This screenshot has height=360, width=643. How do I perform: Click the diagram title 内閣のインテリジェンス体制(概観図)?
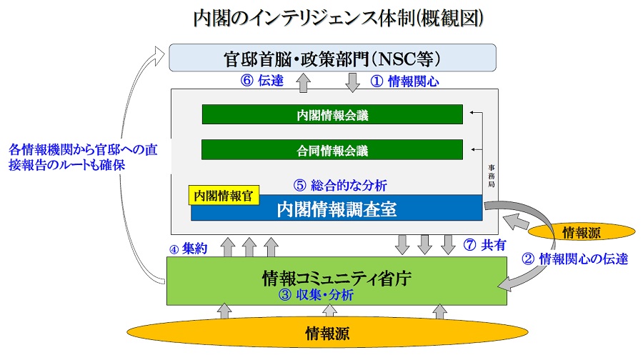(x=339, y=18)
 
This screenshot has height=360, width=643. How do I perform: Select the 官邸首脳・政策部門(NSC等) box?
(x=332, y=58)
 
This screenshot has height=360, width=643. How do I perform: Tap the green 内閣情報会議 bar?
(x=332, y=114)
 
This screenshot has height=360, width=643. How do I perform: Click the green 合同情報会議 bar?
(x=332, y=150)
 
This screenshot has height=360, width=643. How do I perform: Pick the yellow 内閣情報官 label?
(x=224, y=196)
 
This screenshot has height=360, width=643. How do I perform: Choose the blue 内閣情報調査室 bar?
(x=337, y=208)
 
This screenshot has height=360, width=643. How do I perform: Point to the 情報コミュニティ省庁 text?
(x=337, y=279)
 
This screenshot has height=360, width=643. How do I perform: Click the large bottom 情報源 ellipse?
(x=327, y=333)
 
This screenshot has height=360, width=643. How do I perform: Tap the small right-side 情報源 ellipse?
(x=581, y=232)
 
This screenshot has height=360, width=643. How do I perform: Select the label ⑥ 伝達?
(x=262, y=81)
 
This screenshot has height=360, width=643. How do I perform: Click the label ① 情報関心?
(x=404, y=81)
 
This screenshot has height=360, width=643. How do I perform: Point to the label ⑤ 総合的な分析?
(x=340, y=185)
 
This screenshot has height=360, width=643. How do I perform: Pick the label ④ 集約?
(x=188, y=249)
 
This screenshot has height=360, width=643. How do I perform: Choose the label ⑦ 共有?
(x=484, y=245)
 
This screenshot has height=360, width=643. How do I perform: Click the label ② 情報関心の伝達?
(x=574, y=259)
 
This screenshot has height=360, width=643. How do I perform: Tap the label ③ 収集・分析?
(x=316, y=294)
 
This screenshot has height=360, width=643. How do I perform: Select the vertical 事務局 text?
(x=491, y=176)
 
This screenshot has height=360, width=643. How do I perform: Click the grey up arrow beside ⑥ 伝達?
(x=304, y=82)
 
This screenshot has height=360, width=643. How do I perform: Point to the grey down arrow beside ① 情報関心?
(x=352, y=82)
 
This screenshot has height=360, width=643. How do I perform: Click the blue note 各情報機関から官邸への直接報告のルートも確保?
(x=83, y=157)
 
